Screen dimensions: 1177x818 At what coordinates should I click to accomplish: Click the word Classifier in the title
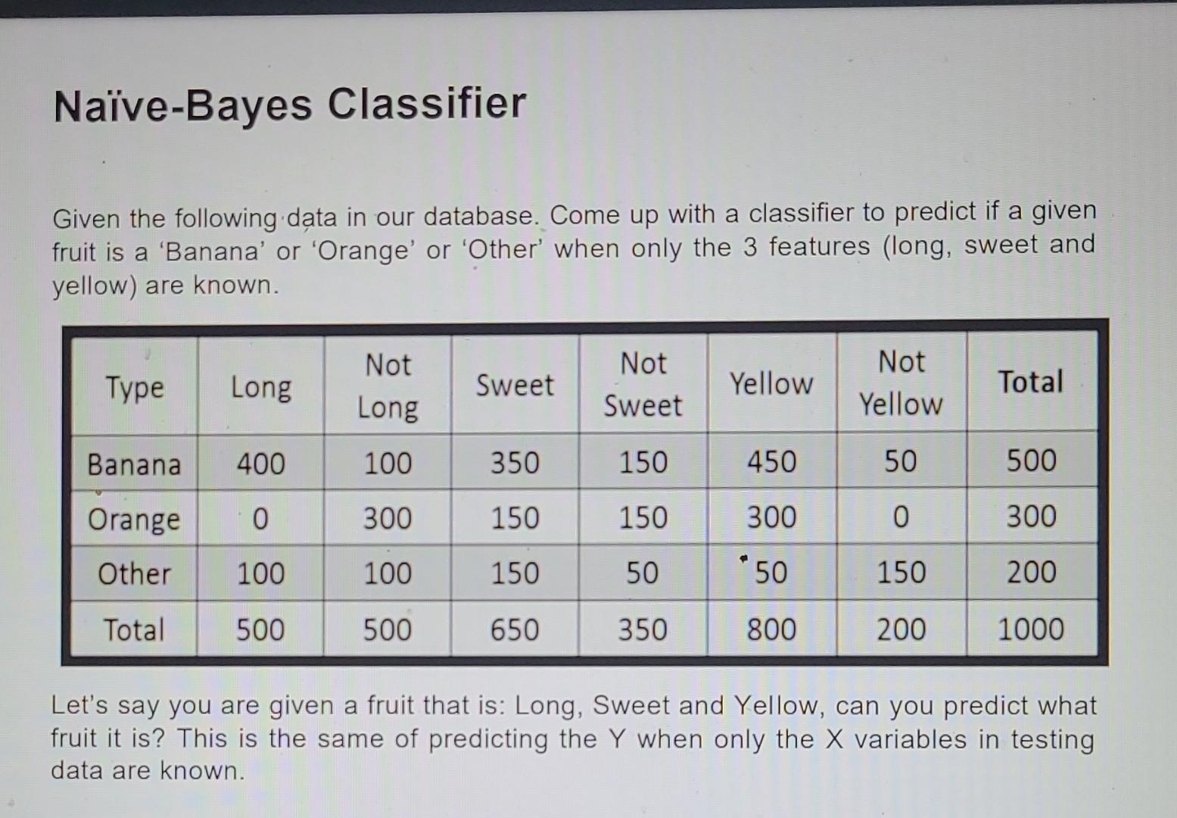tap(427, 104)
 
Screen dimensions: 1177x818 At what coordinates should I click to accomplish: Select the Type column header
tap(135, 389)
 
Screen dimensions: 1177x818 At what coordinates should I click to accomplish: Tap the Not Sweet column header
tap(643, 384)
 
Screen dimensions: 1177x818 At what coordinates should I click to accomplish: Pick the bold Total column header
tap(1031, 382)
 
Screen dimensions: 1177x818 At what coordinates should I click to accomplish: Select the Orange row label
tap(134, 520)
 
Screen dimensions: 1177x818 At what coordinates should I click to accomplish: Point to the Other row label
tap(135, 573)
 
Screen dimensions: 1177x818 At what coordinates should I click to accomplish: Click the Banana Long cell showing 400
tap(260, 464)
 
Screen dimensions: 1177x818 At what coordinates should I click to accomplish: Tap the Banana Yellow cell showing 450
tap(772, 461)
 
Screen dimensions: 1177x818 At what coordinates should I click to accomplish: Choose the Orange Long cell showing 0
tap(260, 519)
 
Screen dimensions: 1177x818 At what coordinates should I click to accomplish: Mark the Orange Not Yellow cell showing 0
tap(901, 517)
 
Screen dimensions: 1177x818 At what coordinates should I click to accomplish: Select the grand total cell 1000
tap(1031, 629)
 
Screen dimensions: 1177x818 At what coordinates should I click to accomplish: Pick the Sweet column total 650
tap(515, 630)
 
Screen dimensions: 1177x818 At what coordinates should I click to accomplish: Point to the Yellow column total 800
tap(772, 629)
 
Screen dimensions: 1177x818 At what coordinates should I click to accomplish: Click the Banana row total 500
tap(1032, 461)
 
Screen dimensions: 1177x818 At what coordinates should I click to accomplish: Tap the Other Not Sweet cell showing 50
tap(643, 573)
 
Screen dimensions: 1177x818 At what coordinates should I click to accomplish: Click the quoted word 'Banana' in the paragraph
tap(211, 251)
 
